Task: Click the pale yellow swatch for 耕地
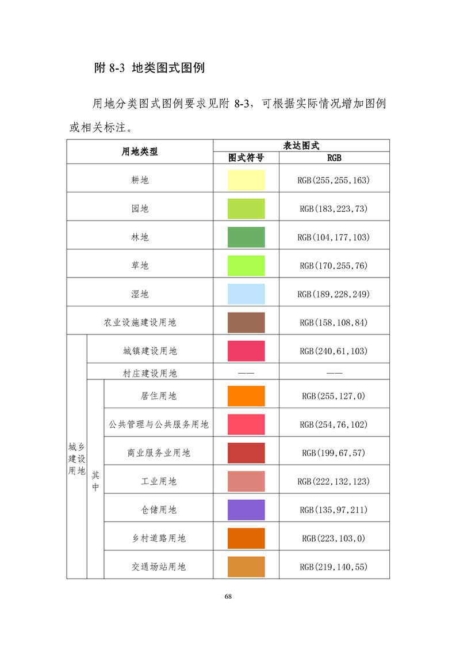(246, 180)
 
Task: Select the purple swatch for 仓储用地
(246, 510)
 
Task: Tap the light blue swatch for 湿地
(246, 294)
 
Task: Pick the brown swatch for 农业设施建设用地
(246, 322)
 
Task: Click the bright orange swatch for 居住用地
(246, 396)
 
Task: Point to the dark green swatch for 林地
(246, 237)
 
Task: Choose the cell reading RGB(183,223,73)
(334, 209)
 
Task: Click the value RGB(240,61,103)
(334, 351)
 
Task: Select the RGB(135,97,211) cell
(334, 510)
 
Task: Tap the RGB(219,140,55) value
(334, 567)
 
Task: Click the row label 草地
(140, 265)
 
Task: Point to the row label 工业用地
(159, 481)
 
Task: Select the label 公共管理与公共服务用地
(159, 424)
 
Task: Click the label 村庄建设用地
(150, 373)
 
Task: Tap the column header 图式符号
(246, 158)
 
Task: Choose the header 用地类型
(140, 151)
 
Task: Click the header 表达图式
(301, 146)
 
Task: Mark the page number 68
(228, 596)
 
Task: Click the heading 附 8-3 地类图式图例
(150, 67)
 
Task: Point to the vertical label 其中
(95, 481)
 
